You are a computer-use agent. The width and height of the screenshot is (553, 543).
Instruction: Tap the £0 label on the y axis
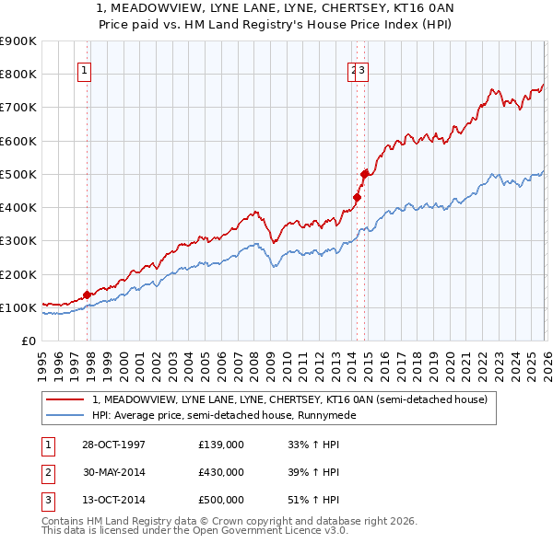[x=28, y=341]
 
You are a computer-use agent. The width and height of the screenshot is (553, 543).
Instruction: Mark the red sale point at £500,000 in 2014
[x=365, y=173]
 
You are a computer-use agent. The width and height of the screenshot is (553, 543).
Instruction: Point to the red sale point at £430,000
[x=358, y=196]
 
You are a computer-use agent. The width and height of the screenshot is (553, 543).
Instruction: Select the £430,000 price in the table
[x=221, y=472]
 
